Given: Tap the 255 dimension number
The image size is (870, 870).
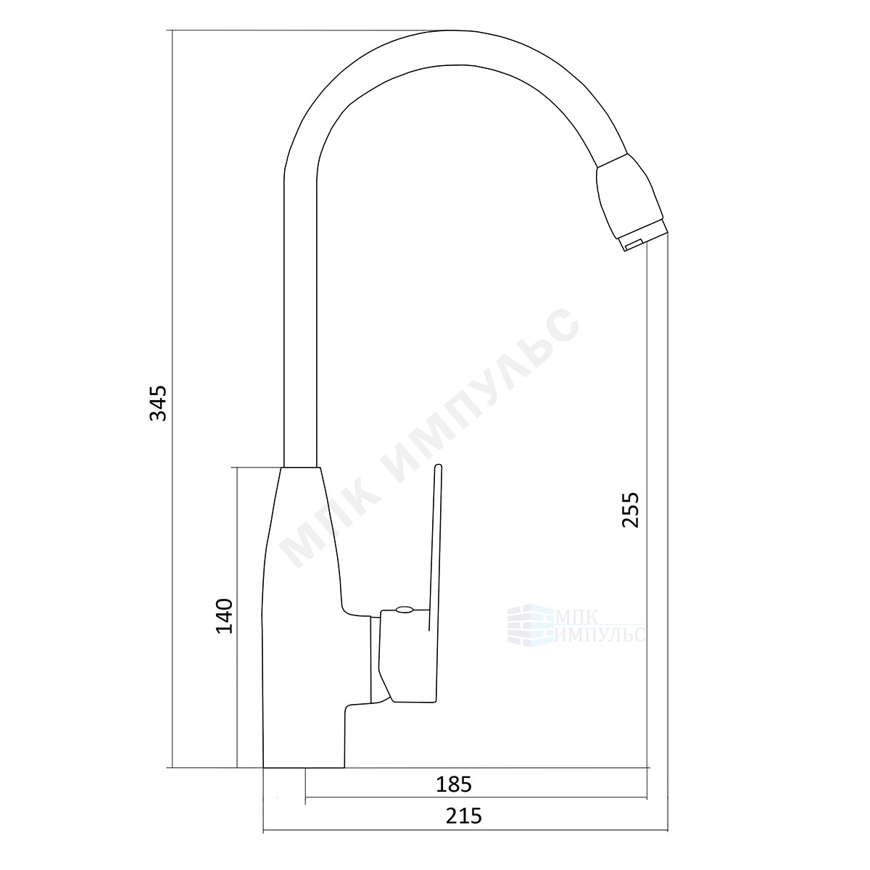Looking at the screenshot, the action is click(x=631, y=510).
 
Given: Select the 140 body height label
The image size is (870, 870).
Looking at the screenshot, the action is click(x=224, y=616).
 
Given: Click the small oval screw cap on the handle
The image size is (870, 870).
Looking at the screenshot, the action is click(x=404, y=609).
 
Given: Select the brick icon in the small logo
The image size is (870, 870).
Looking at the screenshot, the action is click(x=530, y=624).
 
